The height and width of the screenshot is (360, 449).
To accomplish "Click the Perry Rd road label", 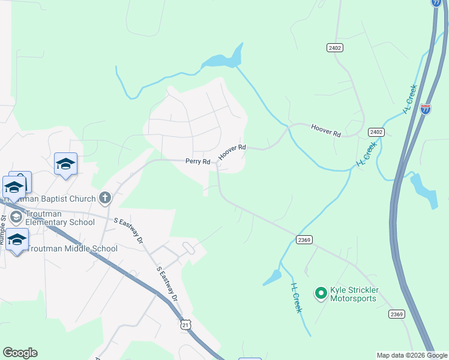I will (197, 161).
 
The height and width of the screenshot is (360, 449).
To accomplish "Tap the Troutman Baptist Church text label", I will (56, 199).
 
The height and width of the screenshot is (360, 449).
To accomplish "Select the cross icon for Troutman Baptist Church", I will (104, 197).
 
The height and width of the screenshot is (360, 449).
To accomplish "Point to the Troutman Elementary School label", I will (60, 217).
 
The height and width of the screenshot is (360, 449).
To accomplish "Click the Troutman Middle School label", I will (72, 248).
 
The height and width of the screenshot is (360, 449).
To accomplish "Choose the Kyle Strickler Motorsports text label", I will (353, 293).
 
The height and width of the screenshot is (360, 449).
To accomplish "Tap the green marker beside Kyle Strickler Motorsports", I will (321, 293).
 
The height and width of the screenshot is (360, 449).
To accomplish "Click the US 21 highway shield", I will (185, 324).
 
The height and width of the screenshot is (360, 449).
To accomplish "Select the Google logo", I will (20, 353).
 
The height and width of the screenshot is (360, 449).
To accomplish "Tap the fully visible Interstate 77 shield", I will (426, 109).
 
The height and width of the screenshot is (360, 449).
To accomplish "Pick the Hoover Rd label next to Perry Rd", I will (232, 151).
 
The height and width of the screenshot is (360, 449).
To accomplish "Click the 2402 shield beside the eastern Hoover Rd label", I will (376, 132).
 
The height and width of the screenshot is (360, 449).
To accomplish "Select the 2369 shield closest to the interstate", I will (396, 314).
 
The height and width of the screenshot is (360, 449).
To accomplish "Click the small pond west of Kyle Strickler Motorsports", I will (272, 277).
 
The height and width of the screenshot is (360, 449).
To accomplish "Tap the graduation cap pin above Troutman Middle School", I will (17, 239).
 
